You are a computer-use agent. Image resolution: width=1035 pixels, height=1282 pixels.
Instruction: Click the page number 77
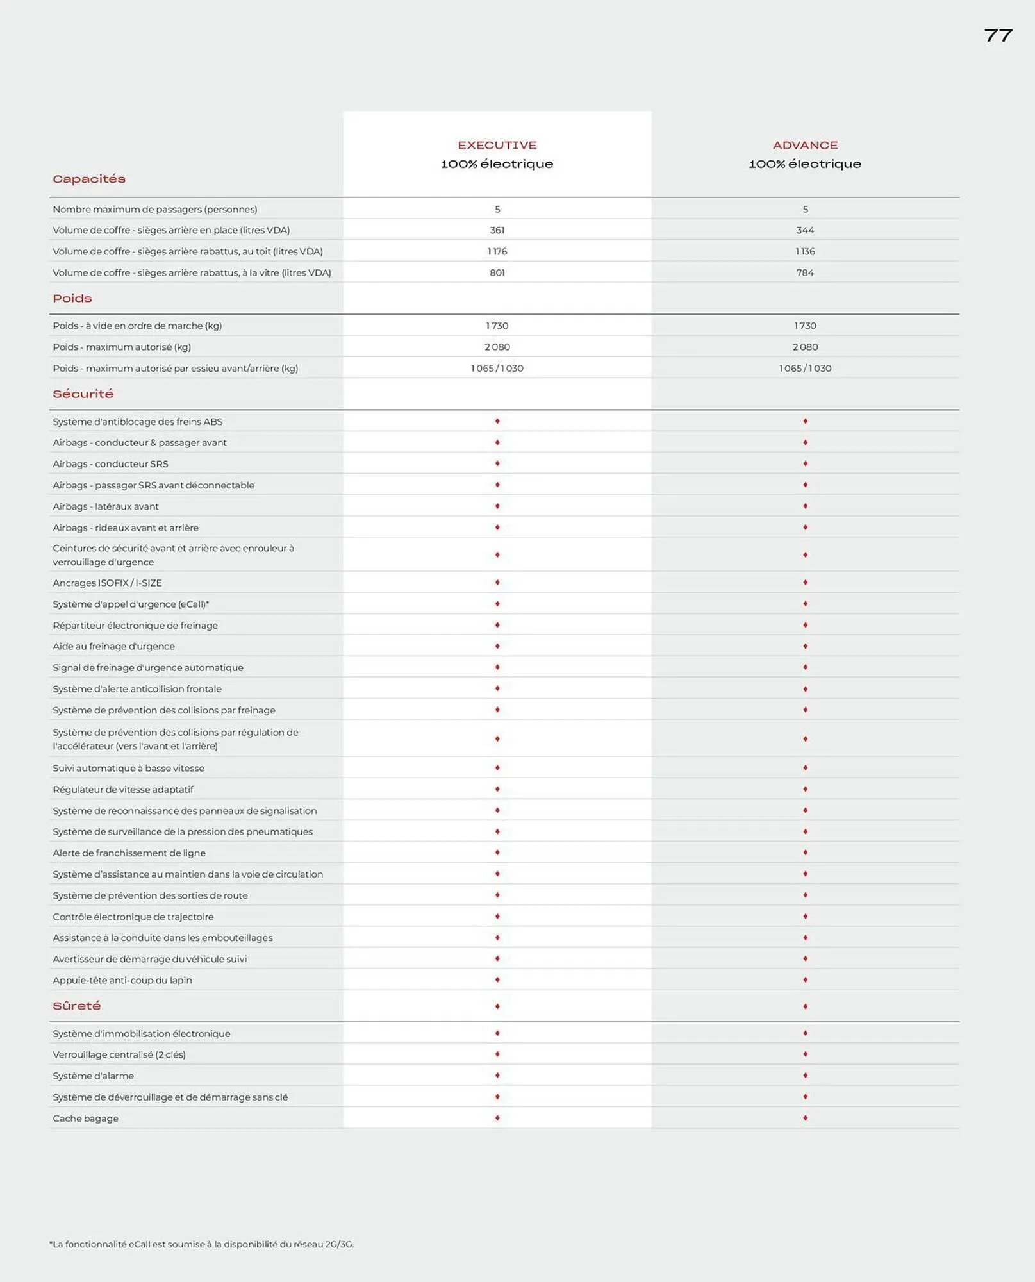tap(998, 36)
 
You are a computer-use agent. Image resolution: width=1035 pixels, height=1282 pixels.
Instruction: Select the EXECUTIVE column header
tap(497, 146)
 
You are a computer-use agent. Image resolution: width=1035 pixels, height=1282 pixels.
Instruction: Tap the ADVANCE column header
tap(805, 146)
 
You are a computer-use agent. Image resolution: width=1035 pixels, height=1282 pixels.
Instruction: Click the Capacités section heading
tap(89, 179)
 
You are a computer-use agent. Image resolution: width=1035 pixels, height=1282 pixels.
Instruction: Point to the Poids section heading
tap(72, 298)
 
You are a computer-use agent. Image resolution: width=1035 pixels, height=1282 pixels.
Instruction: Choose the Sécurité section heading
tap(83, 394)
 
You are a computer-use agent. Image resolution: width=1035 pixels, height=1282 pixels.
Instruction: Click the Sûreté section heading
tap(77, 1006)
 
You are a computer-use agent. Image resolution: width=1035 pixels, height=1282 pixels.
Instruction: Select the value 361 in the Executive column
tap(497, 230)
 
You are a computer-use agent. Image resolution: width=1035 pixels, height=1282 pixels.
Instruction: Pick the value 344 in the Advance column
tap(805, 230)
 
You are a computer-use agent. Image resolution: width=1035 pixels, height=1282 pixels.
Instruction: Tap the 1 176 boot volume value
tap(497, 251)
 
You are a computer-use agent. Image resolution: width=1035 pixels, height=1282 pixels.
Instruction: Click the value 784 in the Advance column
tap(805, 272)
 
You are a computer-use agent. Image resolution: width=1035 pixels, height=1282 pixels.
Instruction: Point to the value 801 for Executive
tap(497, 272)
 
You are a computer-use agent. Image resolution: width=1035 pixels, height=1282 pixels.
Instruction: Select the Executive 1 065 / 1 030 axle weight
tap(497, 368)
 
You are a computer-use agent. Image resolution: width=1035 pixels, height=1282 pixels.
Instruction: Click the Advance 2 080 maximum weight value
tap(805, 347)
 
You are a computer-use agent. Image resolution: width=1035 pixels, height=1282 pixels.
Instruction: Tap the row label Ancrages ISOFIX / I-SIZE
tap(107, 583)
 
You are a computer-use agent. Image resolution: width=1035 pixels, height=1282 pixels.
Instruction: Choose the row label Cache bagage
tap(85, 1119)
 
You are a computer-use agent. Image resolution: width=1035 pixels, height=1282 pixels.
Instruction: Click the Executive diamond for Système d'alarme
tap(497, 1076)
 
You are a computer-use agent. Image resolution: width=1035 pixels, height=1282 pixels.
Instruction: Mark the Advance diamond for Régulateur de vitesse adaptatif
tap(805, 789)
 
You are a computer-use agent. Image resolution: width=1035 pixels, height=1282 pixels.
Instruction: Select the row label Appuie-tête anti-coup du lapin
tap(122, 980)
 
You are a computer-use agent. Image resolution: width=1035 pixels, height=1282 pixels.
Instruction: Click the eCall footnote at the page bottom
tap(201, 1244)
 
